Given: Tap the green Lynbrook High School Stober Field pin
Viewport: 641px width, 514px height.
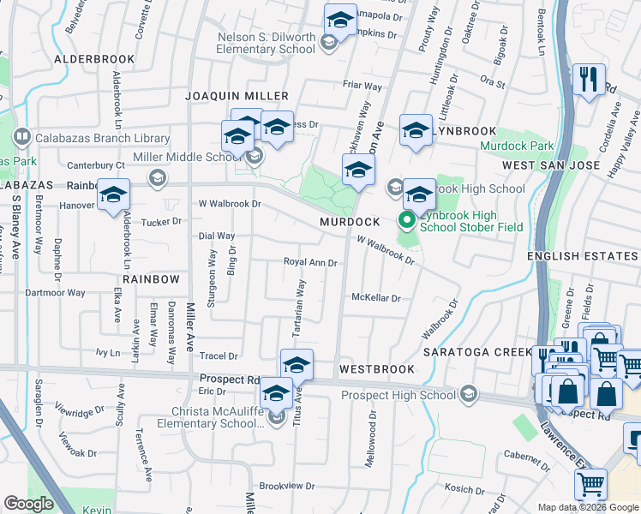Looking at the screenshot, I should tap(407, 221).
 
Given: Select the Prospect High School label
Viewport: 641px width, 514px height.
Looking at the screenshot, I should tap(398, 395).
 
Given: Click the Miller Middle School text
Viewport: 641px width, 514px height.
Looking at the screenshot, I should tap(200, 156).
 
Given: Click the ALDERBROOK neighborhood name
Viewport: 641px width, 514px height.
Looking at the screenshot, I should tap(94, 59).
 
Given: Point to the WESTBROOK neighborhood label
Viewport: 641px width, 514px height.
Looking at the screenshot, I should tap(376, 369).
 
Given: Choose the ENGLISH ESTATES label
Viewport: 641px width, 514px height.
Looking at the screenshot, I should tap(583, 256).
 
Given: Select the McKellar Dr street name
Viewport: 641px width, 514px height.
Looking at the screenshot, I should tap(376, 298).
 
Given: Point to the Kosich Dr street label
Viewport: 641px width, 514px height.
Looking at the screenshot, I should tap(464, 488).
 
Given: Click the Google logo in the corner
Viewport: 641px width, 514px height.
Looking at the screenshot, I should tap(28, 505).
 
